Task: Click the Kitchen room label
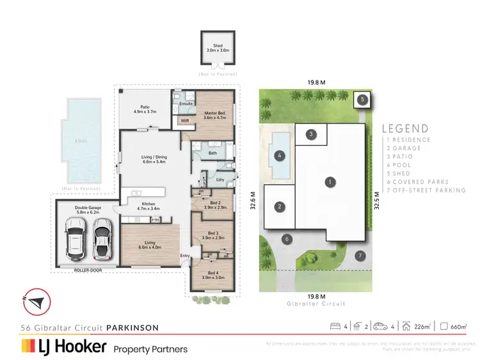click(148, 205)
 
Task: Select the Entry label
click(185, 256)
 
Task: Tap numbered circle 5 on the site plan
click(362, 100)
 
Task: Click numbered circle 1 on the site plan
click(329, 182)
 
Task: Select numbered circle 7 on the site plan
click(360, 256)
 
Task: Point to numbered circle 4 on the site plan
click(279, 155)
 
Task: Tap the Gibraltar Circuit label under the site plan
click(317, 304)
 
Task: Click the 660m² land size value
click(460, 327)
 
